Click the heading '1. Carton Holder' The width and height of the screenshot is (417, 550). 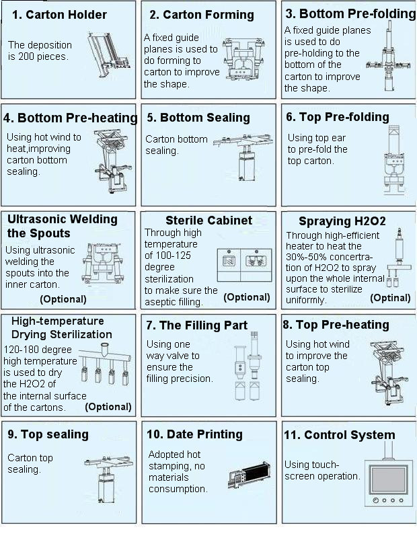pyautogui.click(x=59, y=15)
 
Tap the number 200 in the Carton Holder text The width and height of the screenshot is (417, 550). pyautogui.click(x=27, y=56)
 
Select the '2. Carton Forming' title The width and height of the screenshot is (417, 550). pyautogui.click(x=202, y=15)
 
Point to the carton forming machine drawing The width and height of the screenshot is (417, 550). pyautogui.click(x=243, y=59)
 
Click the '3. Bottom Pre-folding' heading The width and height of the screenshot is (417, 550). pyautogui.click(x=350, y=13)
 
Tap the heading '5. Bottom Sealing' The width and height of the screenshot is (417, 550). pyautogui.click(x=198, y=118)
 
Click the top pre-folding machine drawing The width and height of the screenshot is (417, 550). pyautogui.click(x=394, y=160)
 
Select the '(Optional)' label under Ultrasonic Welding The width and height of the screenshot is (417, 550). pyautogui.click(x=63, y=299)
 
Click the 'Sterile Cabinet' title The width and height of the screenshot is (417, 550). pyautogui.click(x=208, y=221)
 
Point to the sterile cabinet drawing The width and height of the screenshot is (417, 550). pyautogui.click(x=244, y=264)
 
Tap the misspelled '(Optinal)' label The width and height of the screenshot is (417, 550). pyautogui.click(x=390, y=298)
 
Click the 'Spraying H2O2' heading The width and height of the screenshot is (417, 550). pyautogui.click(x=342, y=221)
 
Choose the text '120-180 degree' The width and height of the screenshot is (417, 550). pyautogui.click(x=38, y=350)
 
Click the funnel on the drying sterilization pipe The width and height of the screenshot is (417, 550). pyautogui.click(x=104, y=350)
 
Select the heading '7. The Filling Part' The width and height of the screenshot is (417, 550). pyautogui.click(x=196, y=325)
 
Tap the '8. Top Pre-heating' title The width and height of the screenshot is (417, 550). pyautogui.click(x=336, y=325)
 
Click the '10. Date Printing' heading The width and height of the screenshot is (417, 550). pyautogui.click(x=194, y=434)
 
